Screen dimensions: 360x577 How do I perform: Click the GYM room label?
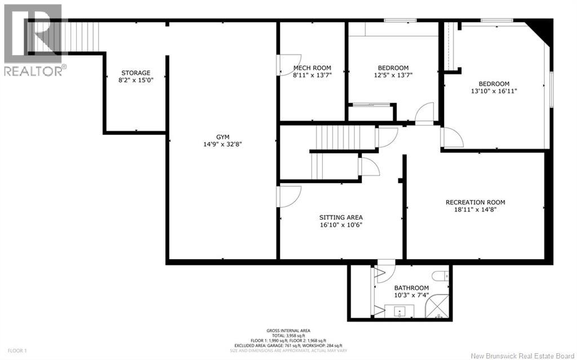[224, 136]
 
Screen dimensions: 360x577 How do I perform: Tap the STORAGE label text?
[136, 73]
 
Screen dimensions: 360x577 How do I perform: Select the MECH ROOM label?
[312, 68]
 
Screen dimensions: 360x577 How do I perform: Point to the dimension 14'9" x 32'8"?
[224, 144]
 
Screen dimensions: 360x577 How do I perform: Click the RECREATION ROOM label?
[475, 202]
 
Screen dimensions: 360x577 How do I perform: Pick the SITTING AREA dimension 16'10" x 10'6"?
[341, 225]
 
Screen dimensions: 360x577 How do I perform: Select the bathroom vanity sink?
[399, 310]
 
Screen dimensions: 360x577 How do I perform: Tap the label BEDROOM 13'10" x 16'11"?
[494, 87]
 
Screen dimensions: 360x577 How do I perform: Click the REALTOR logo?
[33, 39]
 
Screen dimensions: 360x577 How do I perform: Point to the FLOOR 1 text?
[14, 350]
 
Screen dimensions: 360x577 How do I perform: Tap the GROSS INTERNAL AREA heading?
[288, 331]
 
